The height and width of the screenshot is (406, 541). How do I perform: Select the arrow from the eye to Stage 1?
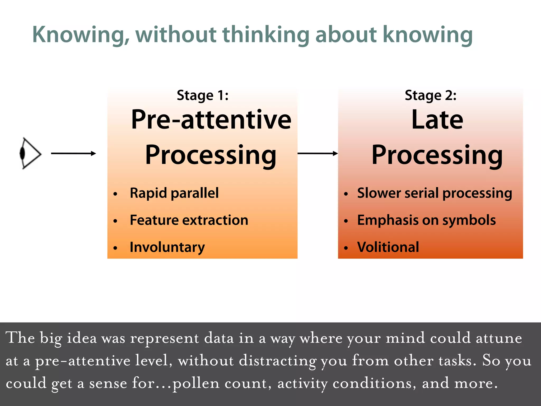[x=73, y=153]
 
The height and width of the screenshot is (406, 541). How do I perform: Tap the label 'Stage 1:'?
[x=203, y=95]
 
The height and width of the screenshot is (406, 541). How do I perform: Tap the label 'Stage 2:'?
[x=431, y=95]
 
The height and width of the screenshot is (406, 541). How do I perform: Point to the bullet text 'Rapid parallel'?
[x=174, y=193]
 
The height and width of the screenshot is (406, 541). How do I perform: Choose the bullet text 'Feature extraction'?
[x=189, y=220]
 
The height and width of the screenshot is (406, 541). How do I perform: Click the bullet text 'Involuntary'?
[x=167, y=247]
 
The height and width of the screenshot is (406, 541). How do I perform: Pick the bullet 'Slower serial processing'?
[x=435, y=193]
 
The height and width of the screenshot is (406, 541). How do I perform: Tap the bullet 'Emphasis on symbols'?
[x=426, y=220]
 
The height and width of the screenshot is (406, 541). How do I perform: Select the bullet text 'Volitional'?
[x=388, y=247]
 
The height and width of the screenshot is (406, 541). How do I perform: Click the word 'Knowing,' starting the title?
[x=81, y=35]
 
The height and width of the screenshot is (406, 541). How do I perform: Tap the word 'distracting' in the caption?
[x=277, y=361]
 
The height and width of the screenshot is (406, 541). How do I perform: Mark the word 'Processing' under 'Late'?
[x=437, y=155]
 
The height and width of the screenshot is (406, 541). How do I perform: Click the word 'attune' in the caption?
[x=499, y=338]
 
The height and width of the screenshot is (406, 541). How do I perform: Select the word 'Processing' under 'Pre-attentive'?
[x=211, y=155]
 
